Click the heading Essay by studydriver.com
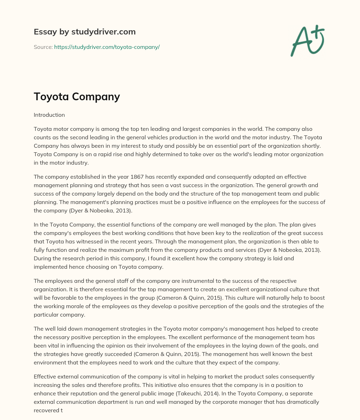click(84, 32)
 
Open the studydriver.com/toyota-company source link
click(107, 47)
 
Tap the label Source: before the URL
click(43, 47)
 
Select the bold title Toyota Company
click(77, 96)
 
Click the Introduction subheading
click(49, 115)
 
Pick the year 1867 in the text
click(134, 177)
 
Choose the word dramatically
click(302, 402)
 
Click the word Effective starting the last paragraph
click(45, 377)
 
